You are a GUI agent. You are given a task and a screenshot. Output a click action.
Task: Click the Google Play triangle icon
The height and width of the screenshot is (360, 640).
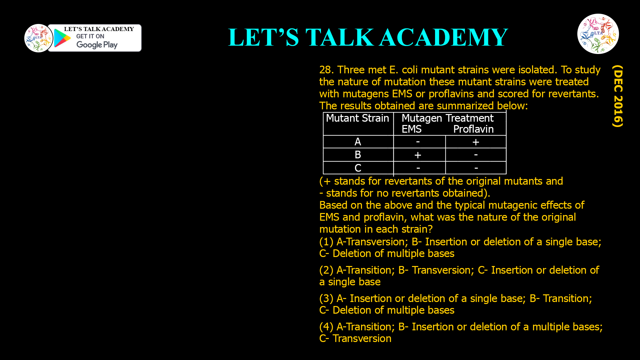tap(62, 38)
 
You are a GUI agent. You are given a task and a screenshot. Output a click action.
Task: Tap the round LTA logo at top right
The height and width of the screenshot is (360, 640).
tap(598, 34)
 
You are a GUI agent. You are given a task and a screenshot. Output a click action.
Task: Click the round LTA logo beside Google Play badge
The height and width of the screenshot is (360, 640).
tap(38, 38)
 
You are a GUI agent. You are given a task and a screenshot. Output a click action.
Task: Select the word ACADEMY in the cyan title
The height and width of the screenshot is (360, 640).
tap(444, 37)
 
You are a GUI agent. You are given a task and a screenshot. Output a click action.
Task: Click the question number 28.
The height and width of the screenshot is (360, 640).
tap(326, 70)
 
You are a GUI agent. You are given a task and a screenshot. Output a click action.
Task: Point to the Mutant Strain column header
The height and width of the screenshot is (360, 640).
tap(357, 118)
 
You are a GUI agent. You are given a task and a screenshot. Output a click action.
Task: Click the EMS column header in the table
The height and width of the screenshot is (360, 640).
tap(411, 129)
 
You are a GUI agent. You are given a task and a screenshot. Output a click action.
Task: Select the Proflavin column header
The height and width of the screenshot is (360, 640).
tap(473, 129)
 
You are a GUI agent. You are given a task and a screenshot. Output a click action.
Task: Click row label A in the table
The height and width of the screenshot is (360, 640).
tap(358, 142)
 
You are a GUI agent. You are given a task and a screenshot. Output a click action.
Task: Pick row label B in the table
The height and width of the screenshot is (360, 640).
tap(358, 155)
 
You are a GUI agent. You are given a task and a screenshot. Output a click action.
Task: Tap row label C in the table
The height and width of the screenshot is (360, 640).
tap(358, 168)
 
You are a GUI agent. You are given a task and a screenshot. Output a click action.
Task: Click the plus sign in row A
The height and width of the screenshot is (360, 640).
tap(476, 142)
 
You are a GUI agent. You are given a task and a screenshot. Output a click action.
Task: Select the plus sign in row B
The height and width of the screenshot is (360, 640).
tap(418, 155)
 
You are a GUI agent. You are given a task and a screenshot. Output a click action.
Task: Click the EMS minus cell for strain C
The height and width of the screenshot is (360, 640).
tap(418, 168)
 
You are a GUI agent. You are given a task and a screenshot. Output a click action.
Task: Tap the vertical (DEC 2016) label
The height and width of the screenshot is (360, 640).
tap(618, 96)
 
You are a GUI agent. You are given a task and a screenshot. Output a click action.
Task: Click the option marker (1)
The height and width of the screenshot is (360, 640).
tap(326, 242)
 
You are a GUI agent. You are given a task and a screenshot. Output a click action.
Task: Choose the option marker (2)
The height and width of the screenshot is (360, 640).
tap(326, 270)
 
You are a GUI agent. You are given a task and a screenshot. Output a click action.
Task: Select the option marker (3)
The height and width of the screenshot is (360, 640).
tap(326, 298)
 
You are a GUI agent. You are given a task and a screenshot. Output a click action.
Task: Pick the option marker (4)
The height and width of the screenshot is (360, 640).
tap(326, 327)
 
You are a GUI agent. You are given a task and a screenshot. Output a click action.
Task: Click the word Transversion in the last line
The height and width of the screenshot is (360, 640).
tap(362, 339)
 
